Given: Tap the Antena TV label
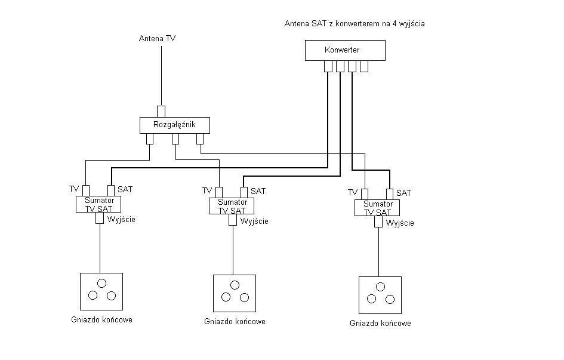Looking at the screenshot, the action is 157,38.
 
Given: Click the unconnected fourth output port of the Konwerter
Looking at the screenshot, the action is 364,66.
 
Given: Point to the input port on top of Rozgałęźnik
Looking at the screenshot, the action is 161,112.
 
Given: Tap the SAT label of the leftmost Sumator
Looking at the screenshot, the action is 125,189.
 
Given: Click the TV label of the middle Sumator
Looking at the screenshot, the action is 207,190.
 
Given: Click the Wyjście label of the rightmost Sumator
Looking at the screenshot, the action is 400,223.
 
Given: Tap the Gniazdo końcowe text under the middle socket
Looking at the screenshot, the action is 235,322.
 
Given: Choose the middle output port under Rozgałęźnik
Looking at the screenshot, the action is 175,139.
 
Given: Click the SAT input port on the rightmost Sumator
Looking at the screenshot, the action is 390,194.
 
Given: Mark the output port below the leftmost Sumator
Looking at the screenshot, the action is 100,218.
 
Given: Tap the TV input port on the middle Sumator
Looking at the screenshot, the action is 219,192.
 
